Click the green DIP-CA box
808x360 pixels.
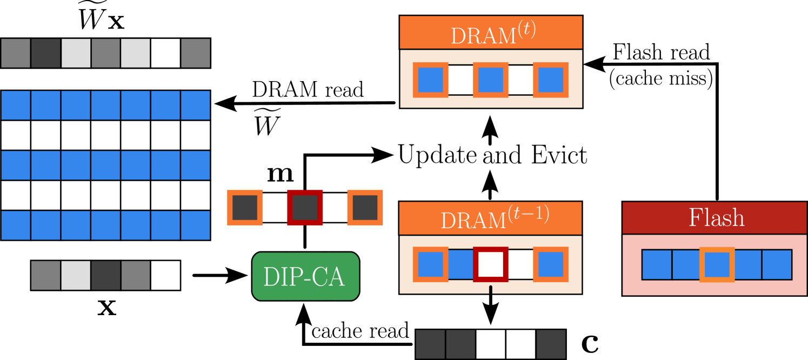305,276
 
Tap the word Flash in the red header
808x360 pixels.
716,217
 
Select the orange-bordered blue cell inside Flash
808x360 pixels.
717,265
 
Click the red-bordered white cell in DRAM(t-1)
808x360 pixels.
491,264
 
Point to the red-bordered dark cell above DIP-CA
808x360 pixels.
305,208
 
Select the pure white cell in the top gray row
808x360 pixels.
165,53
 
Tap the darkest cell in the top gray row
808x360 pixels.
46,53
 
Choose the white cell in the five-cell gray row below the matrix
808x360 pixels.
165,275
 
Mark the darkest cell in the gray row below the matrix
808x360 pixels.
105,275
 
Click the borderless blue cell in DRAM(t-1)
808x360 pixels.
460,264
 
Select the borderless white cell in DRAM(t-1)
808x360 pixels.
520,264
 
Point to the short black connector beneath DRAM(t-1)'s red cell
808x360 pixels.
491,290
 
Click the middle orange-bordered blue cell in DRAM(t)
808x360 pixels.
491,80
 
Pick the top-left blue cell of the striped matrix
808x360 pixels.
16,105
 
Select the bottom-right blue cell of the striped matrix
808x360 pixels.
195,225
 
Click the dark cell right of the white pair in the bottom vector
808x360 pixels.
551,344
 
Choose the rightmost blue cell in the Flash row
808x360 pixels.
777,265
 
